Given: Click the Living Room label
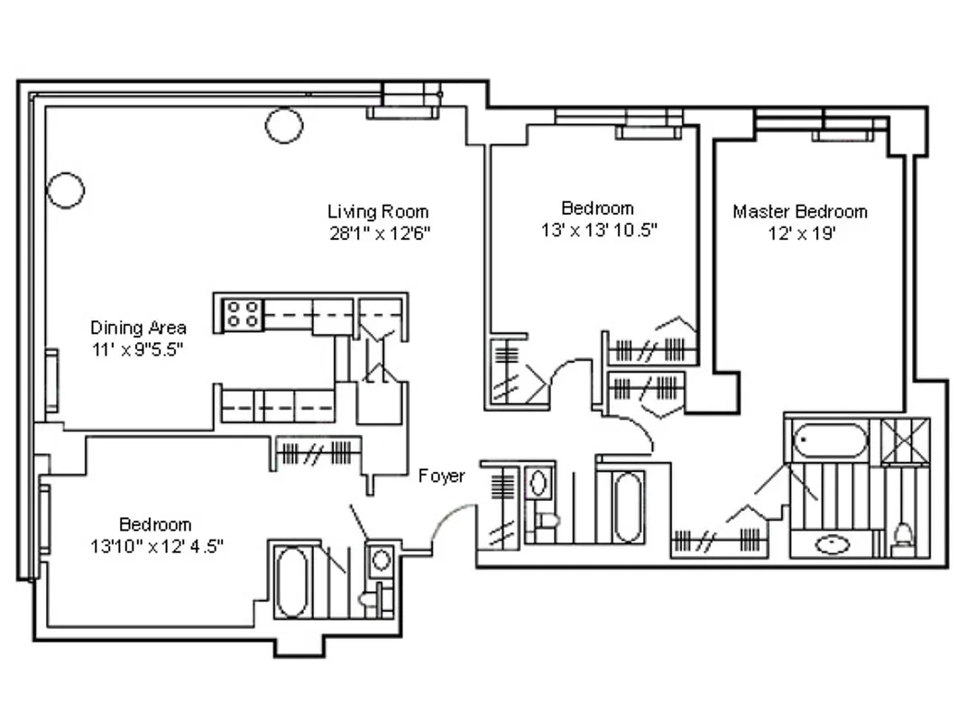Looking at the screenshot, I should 377,211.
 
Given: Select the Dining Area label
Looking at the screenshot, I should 138,328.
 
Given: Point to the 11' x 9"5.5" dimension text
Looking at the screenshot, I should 138,348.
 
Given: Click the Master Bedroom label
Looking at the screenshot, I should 799,211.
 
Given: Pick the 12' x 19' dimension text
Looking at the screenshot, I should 799,233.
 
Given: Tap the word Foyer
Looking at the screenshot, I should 441,476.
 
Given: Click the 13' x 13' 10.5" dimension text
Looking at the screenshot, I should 597,229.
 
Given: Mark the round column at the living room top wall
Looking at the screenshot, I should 283,125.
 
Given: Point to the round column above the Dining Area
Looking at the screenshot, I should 66,190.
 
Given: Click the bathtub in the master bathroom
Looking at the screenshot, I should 830,442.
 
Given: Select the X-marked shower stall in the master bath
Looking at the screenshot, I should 905,441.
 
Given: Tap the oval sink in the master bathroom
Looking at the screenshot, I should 830,545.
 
